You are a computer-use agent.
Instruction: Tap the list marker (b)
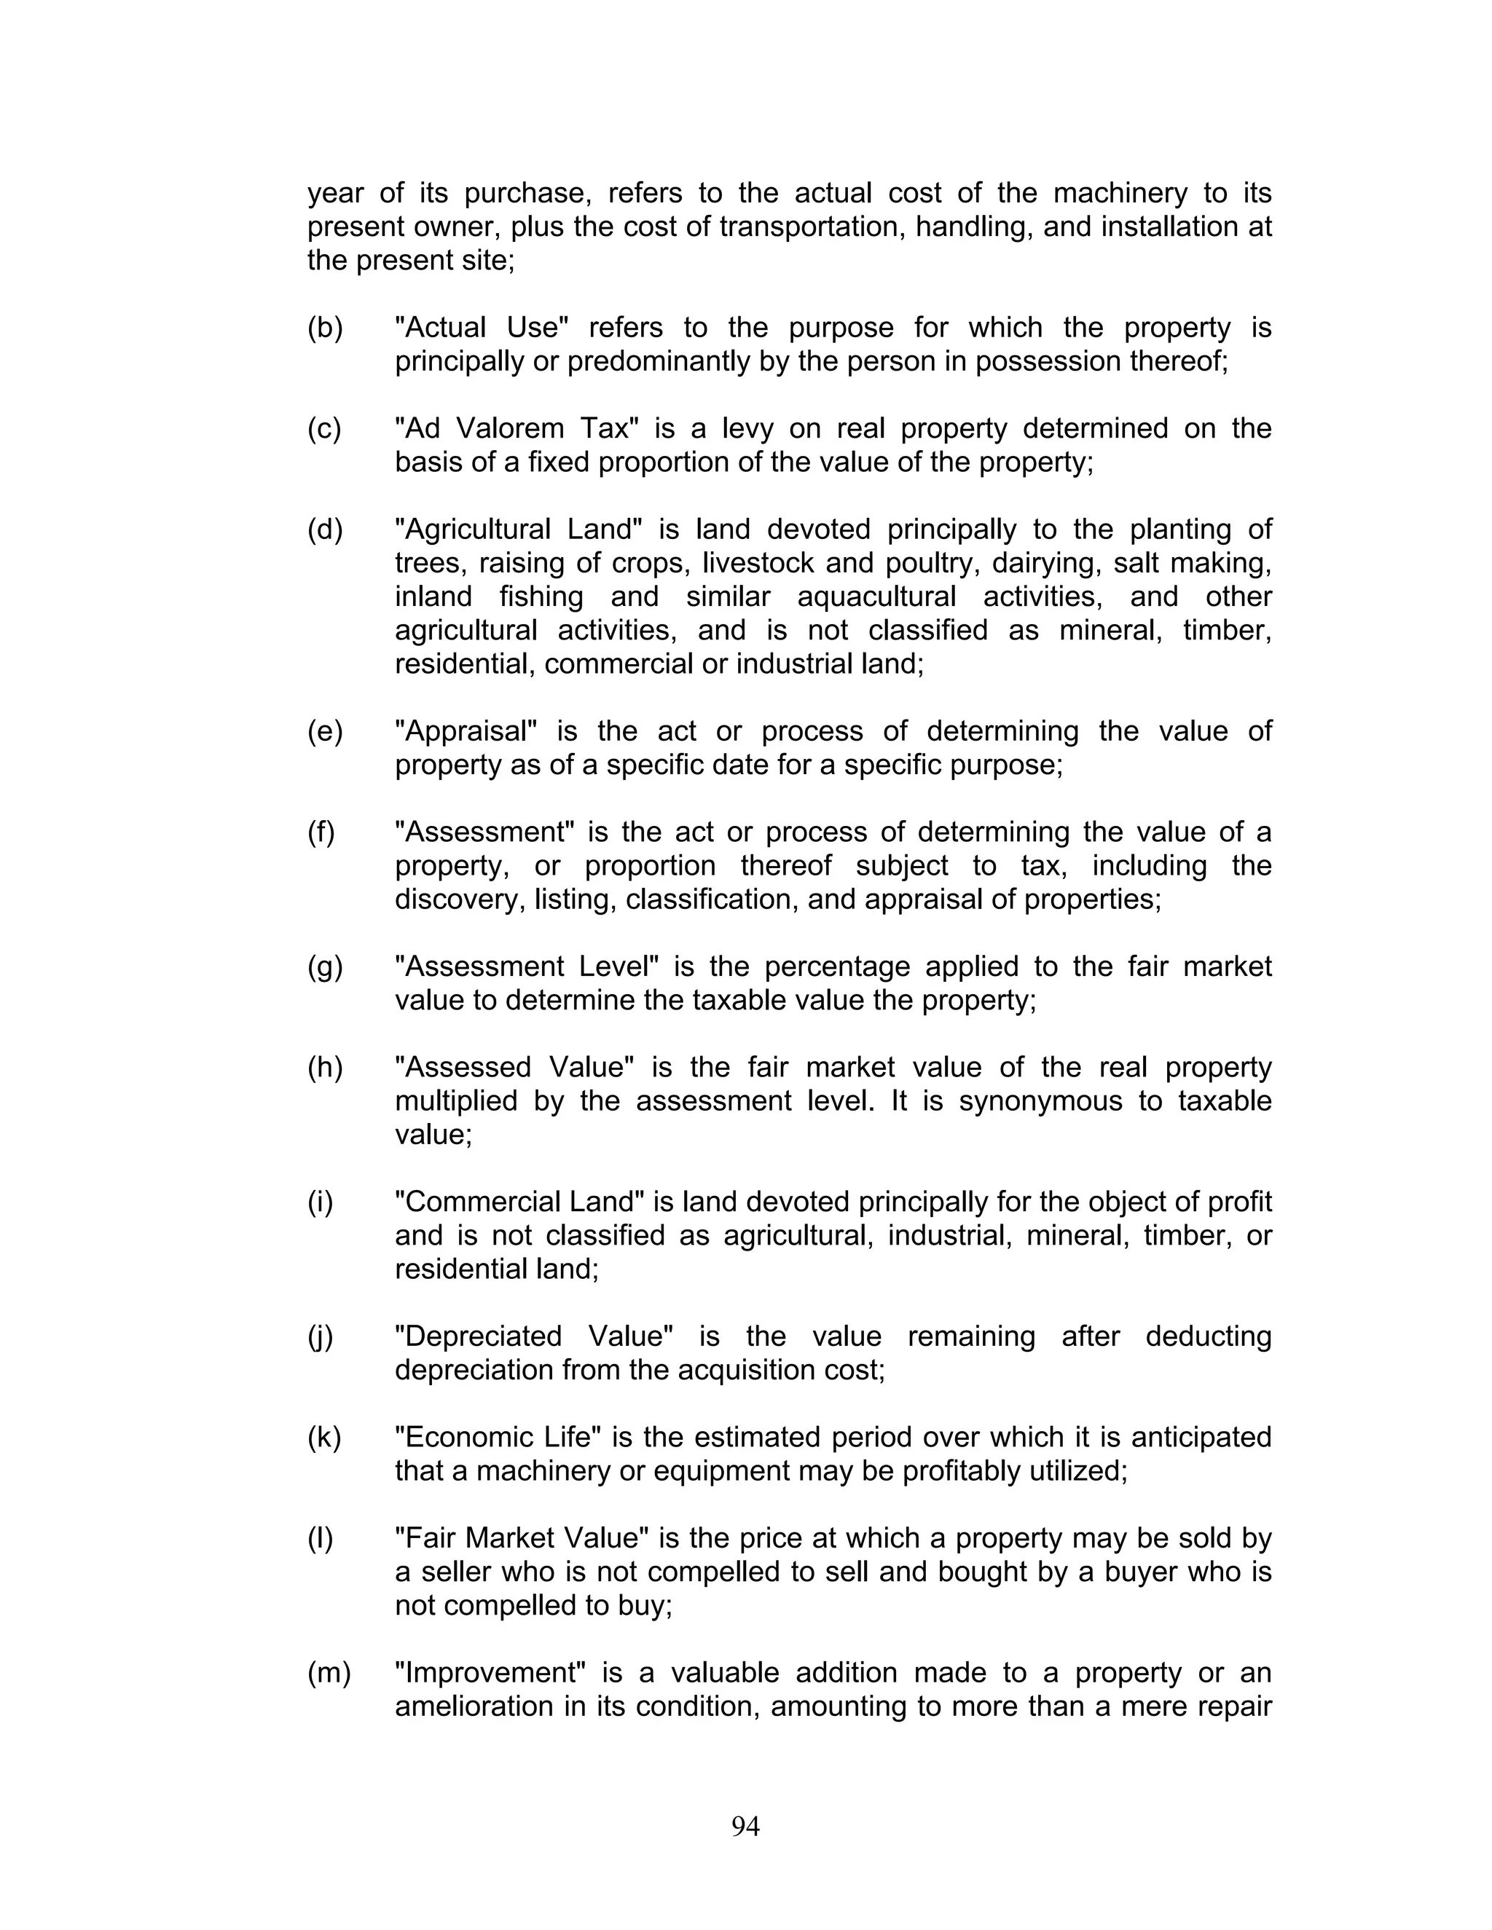pos(324,328)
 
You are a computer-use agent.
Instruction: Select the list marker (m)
pos(328,1673)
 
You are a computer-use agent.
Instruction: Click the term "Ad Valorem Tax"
pos(517,428)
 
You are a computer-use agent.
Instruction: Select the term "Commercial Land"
pos(519,1202)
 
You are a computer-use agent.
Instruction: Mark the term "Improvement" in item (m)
pos(490,1673)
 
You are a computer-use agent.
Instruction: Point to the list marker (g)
pos(324,966)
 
